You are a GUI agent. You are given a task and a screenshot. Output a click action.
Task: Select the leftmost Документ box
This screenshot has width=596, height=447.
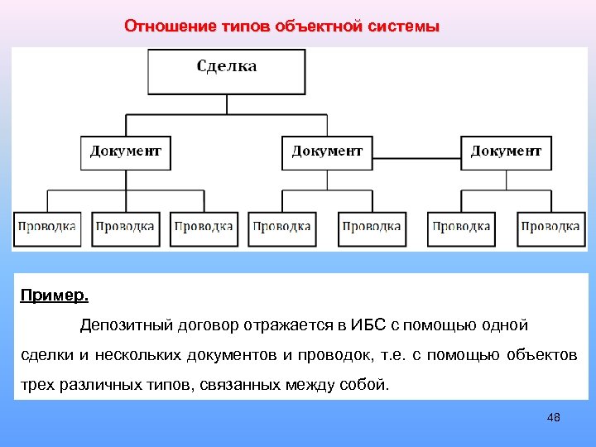click(x=126, y=152)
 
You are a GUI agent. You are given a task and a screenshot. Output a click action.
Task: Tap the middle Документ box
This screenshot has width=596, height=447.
click(x=327, y=152)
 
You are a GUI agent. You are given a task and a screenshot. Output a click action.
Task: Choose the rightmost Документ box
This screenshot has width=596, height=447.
click(x=506, y=152)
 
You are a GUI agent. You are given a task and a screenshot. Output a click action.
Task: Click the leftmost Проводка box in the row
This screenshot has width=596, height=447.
click(x=47, y=226)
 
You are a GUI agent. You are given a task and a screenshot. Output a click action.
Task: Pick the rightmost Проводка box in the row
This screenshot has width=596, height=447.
click(x=550, y=226)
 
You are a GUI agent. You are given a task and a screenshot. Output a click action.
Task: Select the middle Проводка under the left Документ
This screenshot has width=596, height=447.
click(x=124, y=226)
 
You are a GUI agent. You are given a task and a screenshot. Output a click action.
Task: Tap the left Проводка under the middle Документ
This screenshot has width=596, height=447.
click(x=282, y=226)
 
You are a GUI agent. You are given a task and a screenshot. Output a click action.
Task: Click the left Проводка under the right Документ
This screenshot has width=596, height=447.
click(x=461, y=226)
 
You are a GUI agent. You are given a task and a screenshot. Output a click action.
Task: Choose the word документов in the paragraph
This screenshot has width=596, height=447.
click(x=233, y=355)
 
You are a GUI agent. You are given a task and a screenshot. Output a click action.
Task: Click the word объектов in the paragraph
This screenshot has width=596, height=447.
click(x=540, y=355)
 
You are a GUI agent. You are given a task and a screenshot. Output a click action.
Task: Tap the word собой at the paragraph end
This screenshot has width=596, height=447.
click(x=362, y=385)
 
